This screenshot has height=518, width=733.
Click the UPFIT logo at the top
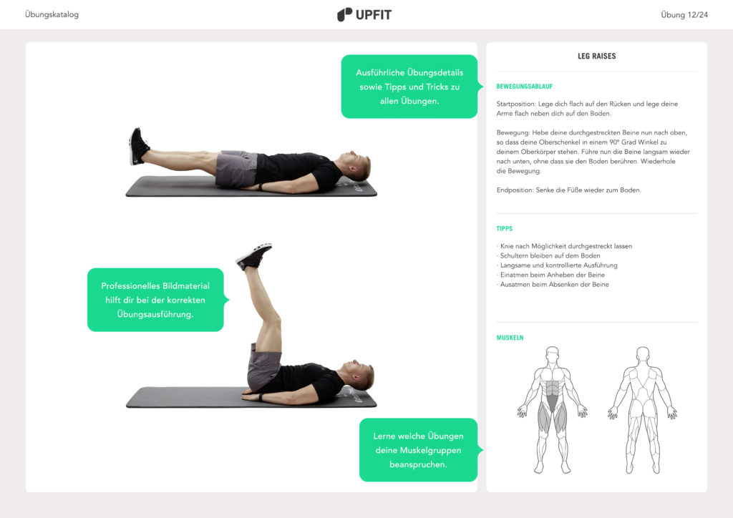(x=364, y=14)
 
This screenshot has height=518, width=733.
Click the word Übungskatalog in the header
(x=52, y=14)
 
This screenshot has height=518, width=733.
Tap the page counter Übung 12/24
(x=684, y=14)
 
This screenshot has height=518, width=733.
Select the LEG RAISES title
(x=596, y=56)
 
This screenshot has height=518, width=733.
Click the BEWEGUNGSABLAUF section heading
(x=524, y=87)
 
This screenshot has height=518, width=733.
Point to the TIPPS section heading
(x=505, y=229)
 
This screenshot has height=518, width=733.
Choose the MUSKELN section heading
(x=510, y=338)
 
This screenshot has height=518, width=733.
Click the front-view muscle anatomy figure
(x=552, y=409)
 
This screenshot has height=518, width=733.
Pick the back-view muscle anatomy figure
(x=642, y=409)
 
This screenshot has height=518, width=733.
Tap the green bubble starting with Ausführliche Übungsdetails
(x=409, y=87)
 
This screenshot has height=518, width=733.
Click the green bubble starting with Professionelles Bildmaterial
(x=155, y=300)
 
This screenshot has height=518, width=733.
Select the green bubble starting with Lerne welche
(x=418, y=449)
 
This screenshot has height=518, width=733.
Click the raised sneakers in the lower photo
(x=253, y=255)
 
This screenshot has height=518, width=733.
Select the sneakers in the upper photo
(x=137, y=146)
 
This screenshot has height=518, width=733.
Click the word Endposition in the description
(x=515, y=190)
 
